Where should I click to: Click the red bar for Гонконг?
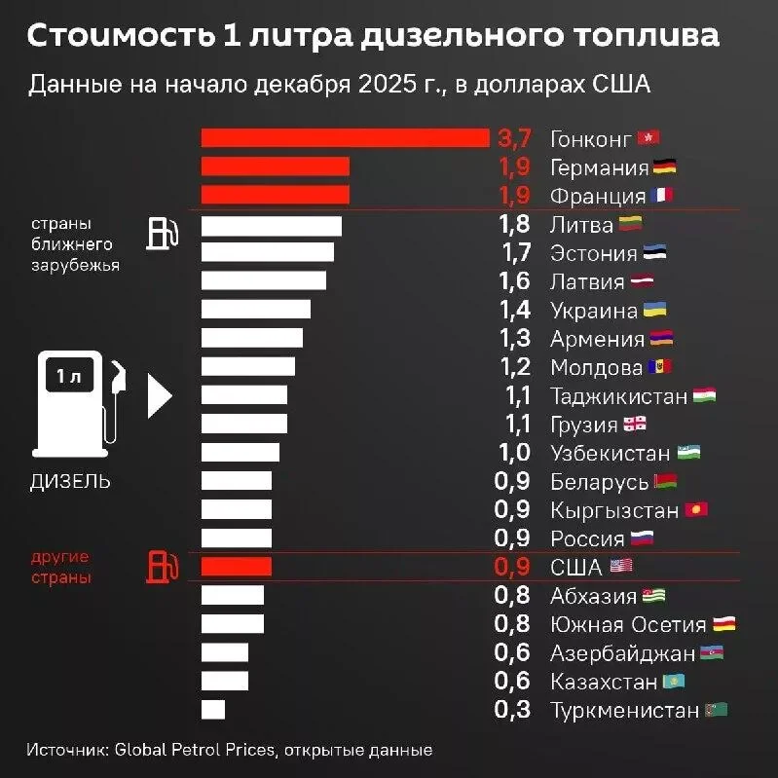pos(345,138)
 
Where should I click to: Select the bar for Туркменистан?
pos(213,710)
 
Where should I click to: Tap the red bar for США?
pos(237,568)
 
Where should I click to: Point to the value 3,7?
pos(513,138)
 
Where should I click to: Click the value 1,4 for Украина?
pos(513,311)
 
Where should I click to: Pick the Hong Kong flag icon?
pos(649,138)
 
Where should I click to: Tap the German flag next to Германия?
pos(665,167)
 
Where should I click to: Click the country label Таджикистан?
pos(619,396)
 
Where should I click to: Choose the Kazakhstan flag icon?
pos(673,682)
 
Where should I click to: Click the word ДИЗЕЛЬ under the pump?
pos(70,481)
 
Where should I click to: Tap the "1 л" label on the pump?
pos(69,377)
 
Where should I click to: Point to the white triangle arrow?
pos(159,395)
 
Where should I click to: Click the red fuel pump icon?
pos(162,568)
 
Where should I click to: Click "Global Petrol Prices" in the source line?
pos(195,750)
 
